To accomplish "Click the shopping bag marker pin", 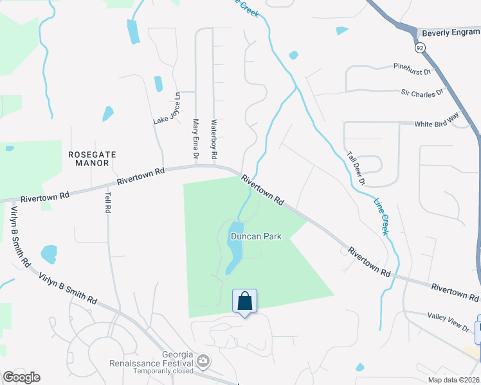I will pos(244,301).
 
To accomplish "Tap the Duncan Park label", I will pos(256,236).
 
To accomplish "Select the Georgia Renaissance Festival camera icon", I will pos(204,362).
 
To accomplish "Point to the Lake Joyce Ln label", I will pos(168,109).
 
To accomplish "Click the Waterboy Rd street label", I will pos(214,139).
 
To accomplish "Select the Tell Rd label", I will pos(107,201).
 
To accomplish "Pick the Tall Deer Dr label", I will pos(356,168).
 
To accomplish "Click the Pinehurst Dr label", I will pos(412,66).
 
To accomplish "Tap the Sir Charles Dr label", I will pos(422,92).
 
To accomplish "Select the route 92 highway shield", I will pos(420,47).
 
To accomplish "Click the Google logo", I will pos(21,377).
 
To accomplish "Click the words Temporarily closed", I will pos(164,371).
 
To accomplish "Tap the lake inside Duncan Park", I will pos(234,250).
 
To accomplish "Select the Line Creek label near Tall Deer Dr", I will pos(381,215).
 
